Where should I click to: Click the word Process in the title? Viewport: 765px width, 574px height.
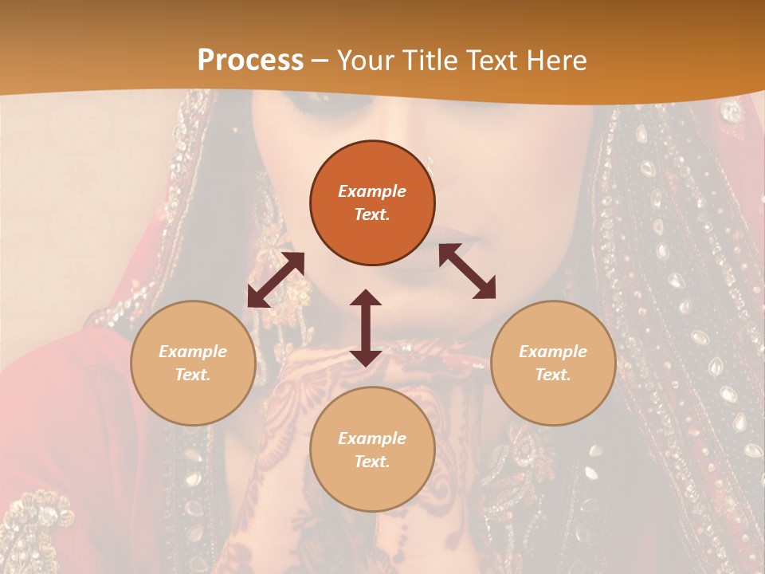(250, 60)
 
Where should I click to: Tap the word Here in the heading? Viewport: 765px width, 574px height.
(554, 60)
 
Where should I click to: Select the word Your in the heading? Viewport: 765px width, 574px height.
(363, 60)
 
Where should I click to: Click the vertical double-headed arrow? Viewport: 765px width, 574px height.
(366, 328)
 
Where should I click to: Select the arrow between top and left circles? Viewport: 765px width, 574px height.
(276, 280)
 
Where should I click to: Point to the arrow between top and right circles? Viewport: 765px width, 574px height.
(467, 271)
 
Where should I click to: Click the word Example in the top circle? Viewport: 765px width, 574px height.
(372, 191)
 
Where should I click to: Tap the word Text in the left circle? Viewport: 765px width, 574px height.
(193, 375)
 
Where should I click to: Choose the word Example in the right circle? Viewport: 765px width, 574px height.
(553, 352)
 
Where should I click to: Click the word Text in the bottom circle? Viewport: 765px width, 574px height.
(372, 462)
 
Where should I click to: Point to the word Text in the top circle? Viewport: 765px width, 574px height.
(372, 214)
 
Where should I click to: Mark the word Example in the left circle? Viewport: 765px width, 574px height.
(193, 352)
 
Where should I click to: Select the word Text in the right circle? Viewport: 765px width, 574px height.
(553, 375)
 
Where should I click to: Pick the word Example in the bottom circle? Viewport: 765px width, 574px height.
(372, 438)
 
